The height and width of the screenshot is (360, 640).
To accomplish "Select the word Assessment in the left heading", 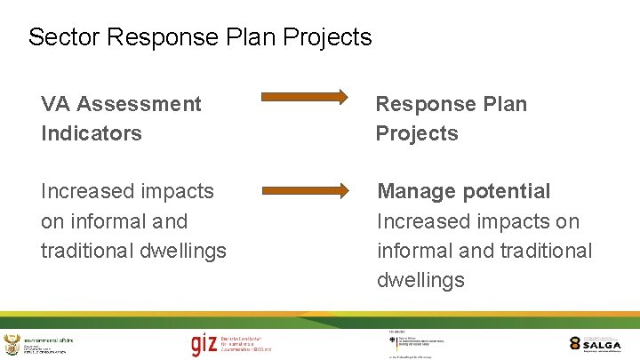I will tap(140, 104).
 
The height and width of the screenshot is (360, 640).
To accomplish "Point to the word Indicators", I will tap(91, 133).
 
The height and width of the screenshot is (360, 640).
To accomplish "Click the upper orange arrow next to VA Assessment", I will tap(305, 97).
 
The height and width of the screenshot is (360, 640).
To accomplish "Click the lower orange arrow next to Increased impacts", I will tap(305, 189).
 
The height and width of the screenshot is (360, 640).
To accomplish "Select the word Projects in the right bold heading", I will tap(417, 133).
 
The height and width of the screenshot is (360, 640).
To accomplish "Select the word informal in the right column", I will tap(413, 251).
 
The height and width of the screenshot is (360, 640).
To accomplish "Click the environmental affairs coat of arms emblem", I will tap(11, 344).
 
